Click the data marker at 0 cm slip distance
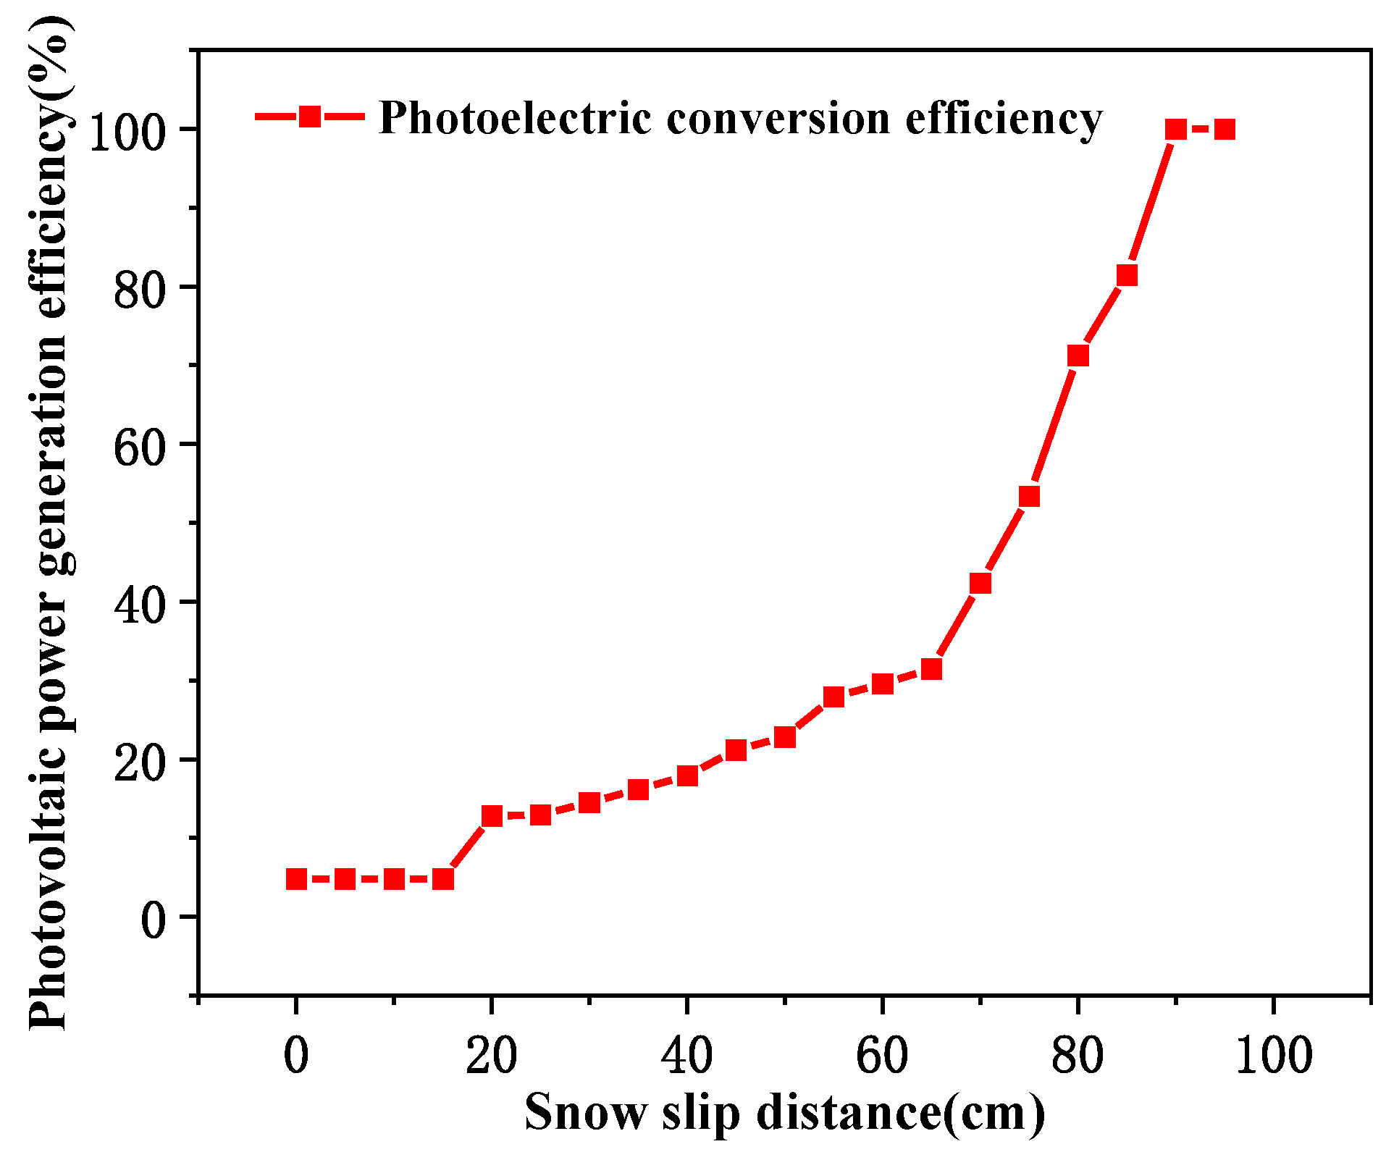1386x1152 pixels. tap(296, 879)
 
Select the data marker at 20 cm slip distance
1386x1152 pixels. tap(492, 816)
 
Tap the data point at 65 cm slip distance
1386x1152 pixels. tap(932, 669)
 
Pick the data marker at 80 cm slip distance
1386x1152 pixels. tap(1078, 356)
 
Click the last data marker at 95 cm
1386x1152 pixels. tap(1225, 130)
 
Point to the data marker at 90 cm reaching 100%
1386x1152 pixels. tap(1176, 130)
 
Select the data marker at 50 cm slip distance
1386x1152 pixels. tap(785, 737)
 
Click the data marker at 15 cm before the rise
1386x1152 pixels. tap(443, 879)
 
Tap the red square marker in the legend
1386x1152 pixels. tap(310, 117)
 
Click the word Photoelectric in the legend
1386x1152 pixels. tap(515, 118)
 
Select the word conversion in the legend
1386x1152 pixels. tap(778, 118)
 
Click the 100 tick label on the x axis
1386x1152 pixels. tap(1273, 1055)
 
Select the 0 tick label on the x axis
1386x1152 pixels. tap(296, 1055)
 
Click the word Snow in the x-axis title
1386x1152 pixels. tap(585, 1111)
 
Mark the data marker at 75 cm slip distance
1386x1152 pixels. tap(1029, 496)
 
